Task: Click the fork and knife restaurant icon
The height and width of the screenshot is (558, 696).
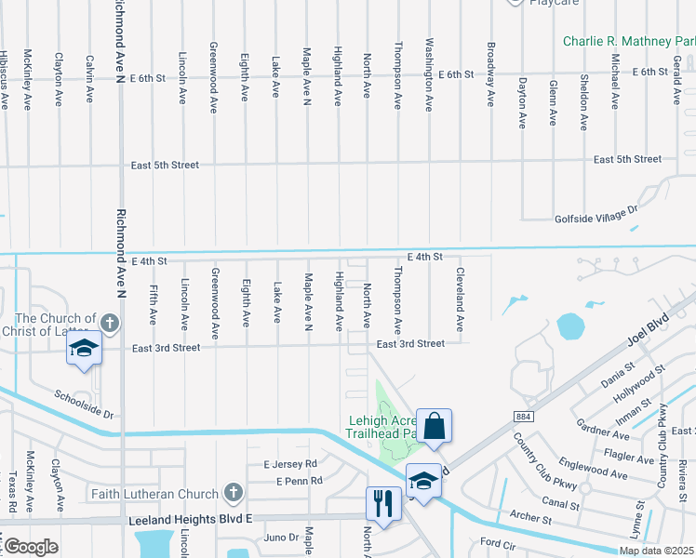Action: click(x=382, y=505)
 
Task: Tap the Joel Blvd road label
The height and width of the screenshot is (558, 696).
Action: click(x=648, y=328)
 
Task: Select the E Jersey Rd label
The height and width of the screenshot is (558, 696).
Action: click(x=290, y=463)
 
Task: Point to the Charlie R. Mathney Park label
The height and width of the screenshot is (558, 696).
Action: click(x=629, y=42)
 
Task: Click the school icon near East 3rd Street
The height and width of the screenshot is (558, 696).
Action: click(x=84, y=350)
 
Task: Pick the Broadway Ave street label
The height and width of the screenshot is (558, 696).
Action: click(x=490, y=75)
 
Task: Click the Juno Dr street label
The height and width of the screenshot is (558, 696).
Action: click(x=282, y=538)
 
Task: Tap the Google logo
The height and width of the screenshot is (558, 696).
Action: click(x=31, y=548)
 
